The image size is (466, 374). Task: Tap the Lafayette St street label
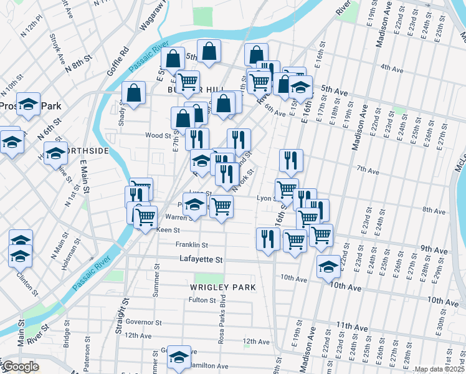pyautogui.click(x=201, y=259)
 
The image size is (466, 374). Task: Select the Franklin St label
pyautogui.click(x=191, y=245)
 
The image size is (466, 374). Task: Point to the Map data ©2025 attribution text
pyautogui.click(x=439, y=369)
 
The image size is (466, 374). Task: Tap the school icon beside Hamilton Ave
pyautogui.click(x=179, y=356)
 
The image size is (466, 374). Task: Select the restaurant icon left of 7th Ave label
pyautogui.click(x=291, y=160)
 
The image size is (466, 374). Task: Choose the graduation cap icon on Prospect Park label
pyautogui.click(x=28, y=104)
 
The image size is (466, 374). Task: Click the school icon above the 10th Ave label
pyautogui.click(x=328, y=267)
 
